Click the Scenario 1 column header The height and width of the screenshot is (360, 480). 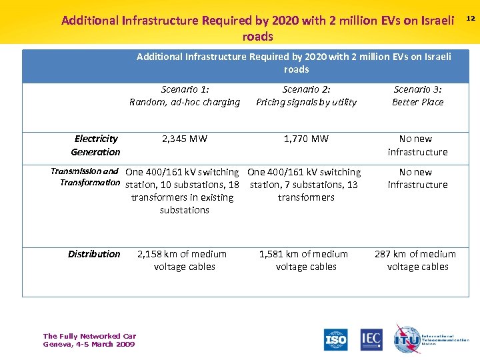(x=185, y=95)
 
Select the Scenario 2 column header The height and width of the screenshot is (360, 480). (x=306, y=95)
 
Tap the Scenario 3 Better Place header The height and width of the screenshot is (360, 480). (x=418, y=95)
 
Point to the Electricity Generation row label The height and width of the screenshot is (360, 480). (x=96, y=145)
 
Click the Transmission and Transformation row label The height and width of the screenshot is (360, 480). (x=85, y=177)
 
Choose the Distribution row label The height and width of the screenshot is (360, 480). (x=94, y=254)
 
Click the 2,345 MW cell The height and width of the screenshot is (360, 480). (x=185, y=139)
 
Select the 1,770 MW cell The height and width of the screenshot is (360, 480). (x=306, y=139)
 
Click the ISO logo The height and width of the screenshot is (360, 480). (x=335, y=340)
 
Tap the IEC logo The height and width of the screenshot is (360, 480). (x=371, y=339)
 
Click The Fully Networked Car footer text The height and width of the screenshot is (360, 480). (x=89, y=337)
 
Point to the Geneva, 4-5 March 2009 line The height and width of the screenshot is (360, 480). (x=89, y=344)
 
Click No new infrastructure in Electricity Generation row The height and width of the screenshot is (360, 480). (x=417, y=145)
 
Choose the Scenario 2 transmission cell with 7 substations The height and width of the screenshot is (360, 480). (x=305, y=185)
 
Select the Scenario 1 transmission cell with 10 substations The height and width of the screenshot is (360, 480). (x=183, y=191)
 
